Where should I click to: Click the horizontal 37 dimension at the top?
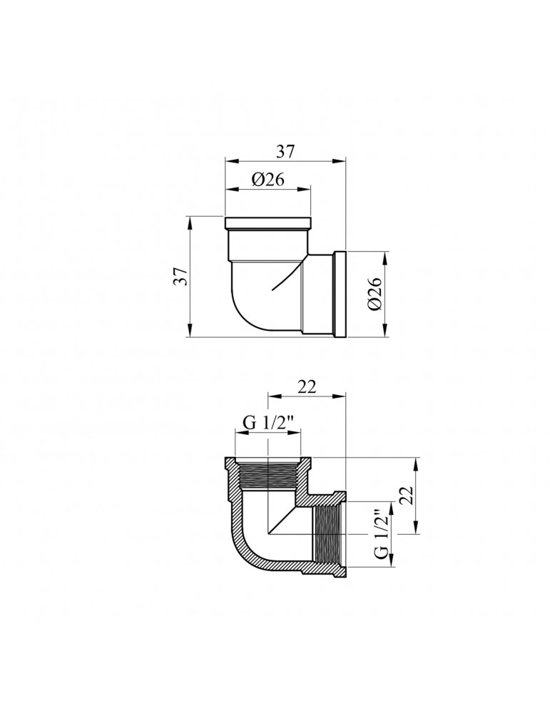click(285, 151)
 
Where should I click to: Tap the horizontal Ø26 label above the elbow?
click(268, 180)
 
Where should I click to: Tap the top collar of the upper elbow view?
click(268, 222)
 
